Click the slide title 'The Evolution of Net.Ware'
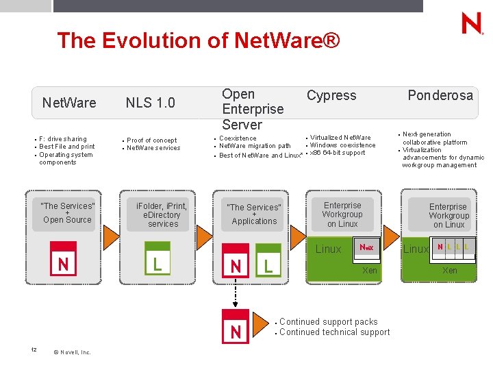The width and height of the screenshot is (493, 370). tap(198, 40)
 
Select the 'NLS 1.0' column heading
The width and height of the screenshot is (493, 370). tap(150, 103)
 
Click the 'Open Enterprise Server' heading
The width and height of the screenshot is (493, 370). tap(253, 109)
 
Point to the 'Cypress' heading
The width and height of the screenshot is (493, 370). tap(331, 95)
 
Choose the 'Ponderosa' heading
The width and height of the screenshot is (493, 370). tap(440, 95)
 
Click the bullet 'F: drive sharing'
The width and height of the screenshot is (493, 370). tap(63, 139)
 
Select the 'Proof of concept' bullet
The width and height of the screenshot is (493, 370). tap(152, 140)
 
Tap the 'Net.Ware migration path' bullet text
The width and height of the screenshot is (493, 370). tap(255, 146)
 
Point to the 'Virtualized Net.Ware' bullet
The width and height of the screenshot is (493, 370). tap(340, 138)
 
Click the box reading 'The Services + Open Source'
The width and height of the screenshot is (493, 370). tap(67, 213)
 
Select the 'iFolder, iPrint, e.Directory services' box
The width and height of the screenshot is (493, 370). tap(163, 214)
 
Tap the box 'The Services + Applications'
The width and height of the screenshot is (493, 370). tap(254, 214)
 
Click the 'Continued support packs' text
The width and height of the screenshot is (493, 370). tap(328, 321)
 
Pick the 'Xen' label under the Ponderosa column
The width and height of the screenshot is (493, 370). tap(450, 271)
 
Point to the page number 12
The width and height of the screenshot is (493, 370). tap(34, 350)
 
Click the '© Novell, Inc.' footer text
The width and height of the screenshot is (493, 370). tap(71, 352)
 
